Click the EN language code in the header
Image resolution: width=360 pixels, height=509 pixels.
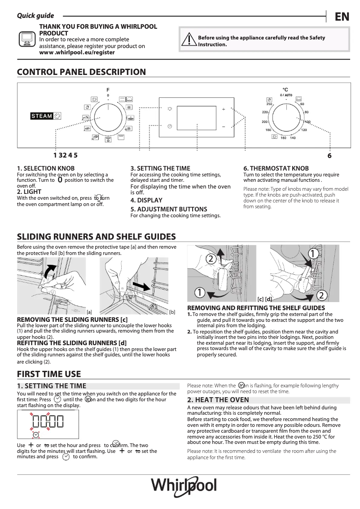click(x=342, y=17)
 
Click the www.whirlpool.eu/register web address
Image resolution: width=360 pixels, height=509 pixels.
click(x=77, y=53)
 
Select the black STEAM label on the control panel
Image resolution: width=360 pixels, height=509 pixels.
click(x=42, y=116)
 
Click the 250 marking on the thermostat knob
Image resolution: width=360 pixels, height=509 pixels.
click(x=269, y=104)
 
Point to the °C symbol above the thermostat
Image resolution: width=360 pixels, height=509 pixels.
click(x=285, y=90)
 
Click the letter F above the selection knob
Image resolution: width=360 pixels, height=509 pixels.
click(x=108, y=90)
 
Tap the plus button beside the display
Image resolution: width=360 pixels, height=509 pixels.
click(x=223, y=110)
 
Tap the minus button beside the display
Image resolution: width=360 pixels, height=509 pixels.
click(x=223, y=127)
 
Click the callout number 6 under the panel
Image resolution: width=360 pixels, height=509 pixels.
click(x=329, y=156)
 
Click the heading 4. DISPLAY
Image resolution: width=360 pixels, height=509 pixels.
click(x=146, y=200)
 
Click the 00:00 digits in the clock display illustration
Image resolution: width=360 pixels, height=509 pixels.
click(x=48, y=421)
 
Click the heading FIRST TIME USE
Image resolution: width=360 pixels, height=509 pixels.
click(x=49, y=374)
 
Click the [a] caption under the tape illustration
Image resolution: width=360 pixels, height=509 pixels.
click(x=89, y=312)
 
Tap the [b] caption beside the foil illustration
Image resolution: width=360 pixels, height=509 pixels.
click(x=172, y=312)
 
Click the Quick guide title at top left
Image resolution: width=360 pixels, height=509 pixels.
click(x=35, y=16)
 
